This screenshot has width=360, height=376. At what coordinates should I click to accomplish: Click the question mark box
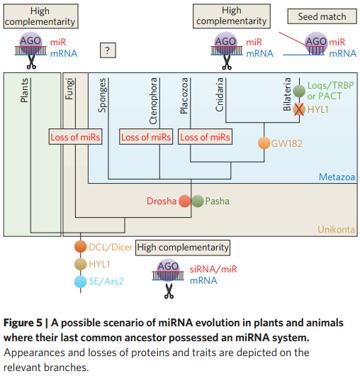pos(108,50)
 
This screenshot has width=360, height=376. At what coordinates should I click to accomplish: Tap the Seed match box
pos(322,16)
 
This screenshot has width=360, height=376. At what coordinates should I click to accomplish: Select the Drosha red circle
pos(184,201)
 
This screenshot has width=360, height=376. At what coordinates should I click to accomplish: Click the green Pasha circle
pos(198,201)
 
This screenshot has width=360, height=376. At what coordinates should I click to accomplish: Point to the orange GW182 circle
pos(264,143)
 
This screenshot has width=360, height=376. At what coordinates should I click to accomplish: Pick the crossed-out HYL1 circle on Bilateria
pos(299,109)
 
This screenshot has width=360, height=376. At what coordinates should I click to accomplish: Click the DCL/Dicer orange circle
pos(80,247)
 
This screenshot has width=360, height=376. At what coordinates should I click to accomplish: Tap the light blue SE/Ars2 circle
pos(80,282)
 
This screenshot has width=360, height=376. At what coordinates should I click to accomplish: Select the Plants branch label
pos(24,90)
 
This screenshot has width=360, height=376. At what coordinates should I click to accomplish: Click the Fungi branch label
pos(69,89)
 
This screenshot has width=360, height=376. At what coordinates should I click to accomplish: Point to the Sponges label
pos(102,95)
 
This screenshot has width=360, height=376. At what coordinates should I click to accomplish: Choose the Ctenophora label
pos(153,101)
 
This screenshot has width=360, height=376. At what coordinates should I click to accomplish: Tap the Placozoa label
pos(184,96)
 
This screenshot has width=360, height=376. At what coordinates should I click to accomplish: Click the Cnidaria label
pos(220,94)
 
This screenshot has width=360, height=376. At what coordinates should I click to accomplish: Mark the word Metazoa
pos(337,177)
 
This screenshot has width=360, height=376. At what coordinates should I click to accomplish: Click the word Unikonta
pos(337,229)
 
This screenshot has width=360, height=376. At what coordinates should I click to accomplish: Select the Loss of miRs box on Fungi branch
pos(75,137)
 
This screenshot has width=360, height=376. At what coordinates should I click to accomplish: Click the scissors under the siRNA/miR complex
pos(169,291)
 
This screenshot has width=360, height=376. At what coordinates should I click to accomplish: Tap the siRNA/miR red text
pos(213,270)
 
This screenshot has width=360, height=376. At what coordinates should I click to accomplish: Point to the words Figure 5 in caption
pos(23,323)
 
